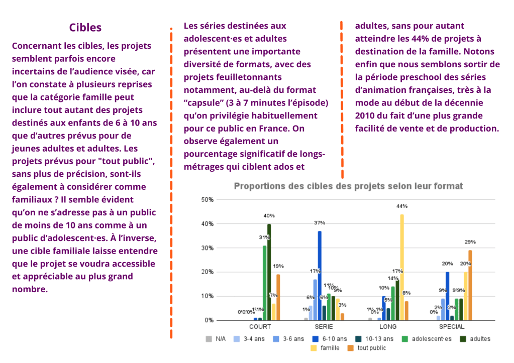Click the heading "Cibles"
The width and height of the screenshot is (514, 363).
pyautogui.click(x=85, y=28)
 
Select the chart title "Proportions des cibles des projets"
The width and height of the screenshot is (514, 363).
pyautogui.click(x=348, y=186)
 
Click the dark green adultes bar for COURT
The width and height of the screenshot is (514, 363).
pyautogui.click(x=269, y=271)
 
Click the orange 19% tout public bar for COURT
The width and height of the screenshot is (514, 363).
pyautogui.click(x=278, y=297)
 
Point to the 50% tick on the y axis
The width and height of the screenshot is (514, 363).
pyautogui.click(x=208, y=200)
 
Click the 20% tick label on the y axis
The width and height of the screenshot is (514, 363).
pyautogui.click(x=208, y=272)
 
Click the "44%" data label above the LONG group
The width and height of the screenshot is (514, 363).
pyautogui.click(x=402, y=206)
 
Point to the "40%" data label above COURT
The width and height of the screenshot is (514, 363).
pyautogui.click(x=269, y=215)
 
